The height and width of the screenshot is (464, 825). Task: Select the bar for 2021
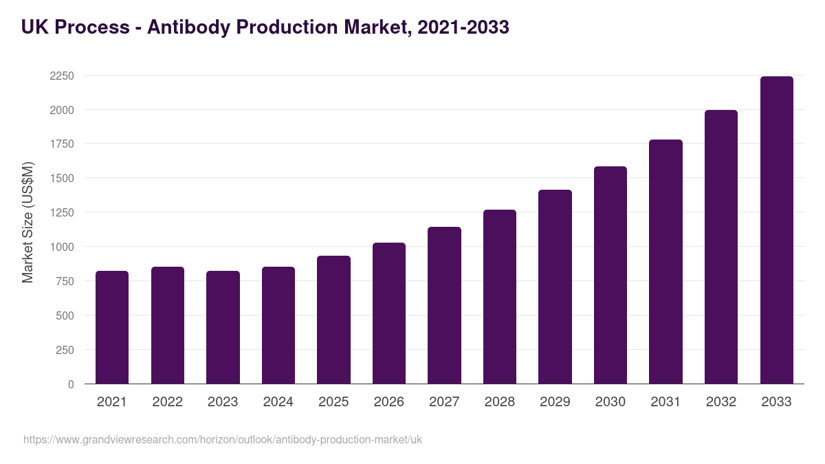(x=112, y=327)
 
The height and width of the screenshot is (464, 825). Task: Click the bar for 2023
(x=223, y=327)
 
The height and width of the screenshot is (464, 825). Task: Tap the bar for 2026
(x=389, y=313)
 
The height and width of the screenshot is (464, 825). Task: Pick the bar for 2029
(x=555, y=287)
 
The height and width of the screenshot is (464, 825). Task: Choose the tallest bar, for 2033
(x=776, y=230)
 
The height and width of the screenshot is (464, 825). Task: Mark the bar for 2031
(x=665, y=262)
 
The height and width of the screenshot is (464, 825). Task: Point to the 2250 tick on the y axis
(x=62, y=76)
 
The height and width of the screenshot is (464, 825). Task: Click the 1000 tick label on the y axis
(x=62, y=247)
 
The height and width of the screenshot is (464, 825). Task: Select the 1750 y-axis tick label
(x=62, y=144)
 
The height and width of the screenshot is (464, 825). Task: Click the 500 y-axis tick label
(x=65, y=316)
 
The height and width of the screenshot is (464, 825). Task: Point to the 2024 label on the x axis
(x=278, y=402)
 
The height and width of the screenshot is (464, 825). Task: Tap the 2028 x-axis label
(x=500, y=402)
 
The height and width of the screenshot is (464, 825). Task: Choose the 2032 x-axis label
(x=721, y=402)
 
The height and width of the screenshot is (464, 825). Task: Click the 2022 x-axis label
(x=168, y=402)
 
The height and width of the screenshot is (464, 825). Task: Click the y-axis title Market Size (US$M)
(x=27, y=222)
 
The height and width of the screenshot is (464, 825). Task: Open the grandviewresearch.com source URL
(x=223, y=439)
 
